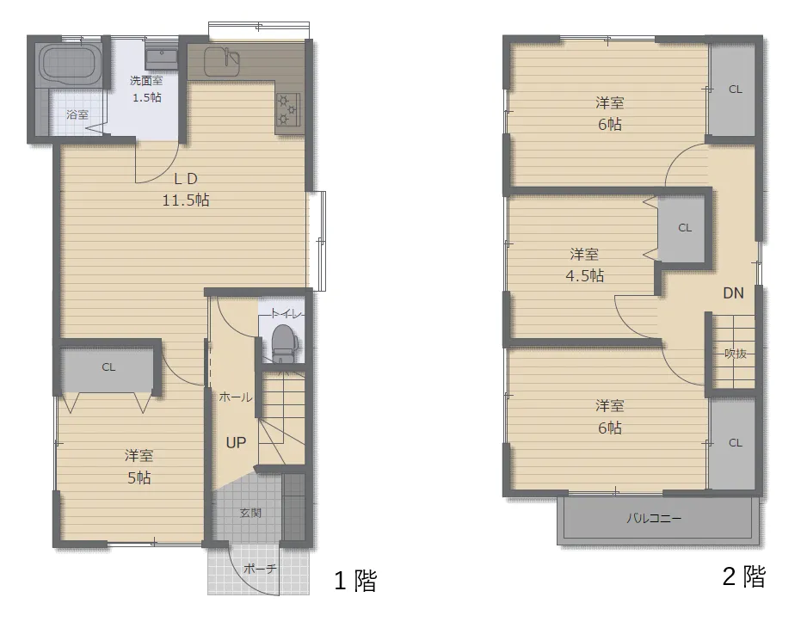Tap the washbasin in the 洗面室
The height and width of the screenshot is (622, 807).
161,59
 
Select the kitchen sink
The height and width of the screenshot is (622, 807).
222,62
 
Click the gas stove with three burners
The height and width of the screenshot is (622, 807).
287,109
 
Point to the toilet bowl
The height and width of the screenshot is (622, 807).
282,343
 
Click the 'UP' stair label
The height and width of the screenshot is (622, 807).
236,442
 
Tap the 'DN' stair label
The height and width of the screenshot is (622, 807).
733,293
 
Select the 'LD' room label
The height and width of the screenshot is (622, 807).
186,179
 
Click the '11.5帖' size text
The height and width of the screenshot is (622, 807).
186,200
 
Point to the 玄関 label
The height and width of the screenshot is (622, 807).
250,513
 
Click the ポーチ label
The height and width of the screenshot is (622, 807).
260,569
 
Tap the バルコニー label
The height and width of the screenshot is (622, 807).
654,518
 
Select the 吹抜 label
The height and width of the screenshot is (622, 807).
736,354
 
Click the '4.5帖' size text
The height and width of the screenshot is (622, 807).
585,276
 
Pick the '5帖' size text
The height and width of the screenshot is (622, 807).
139,477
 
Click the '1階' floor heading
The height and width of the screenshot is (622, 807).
355,581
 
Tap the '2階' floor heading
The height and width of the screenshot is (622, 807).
744,576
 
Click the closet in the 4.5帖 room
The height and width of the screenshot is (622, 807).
685,227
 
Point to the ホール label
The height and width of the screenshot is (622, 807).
236,397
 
